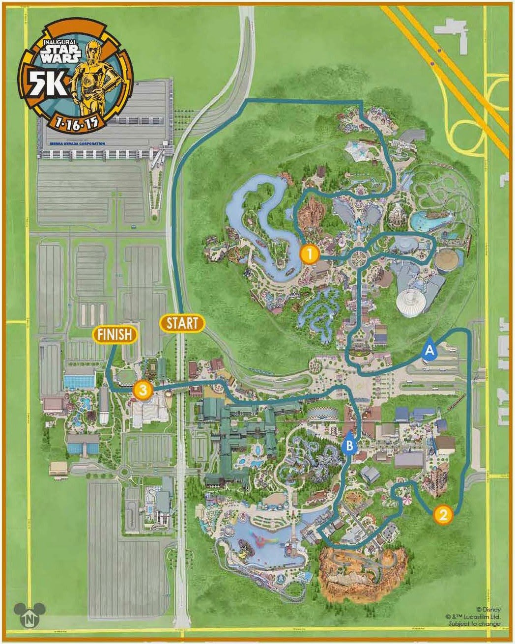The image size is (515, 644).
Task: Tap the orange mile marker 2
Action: click(x=442, y=515)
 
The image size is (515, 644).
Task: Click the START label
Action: click(x=182, y=324)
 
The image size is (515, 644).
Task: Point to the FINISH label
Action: click(x=114, y=335)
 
